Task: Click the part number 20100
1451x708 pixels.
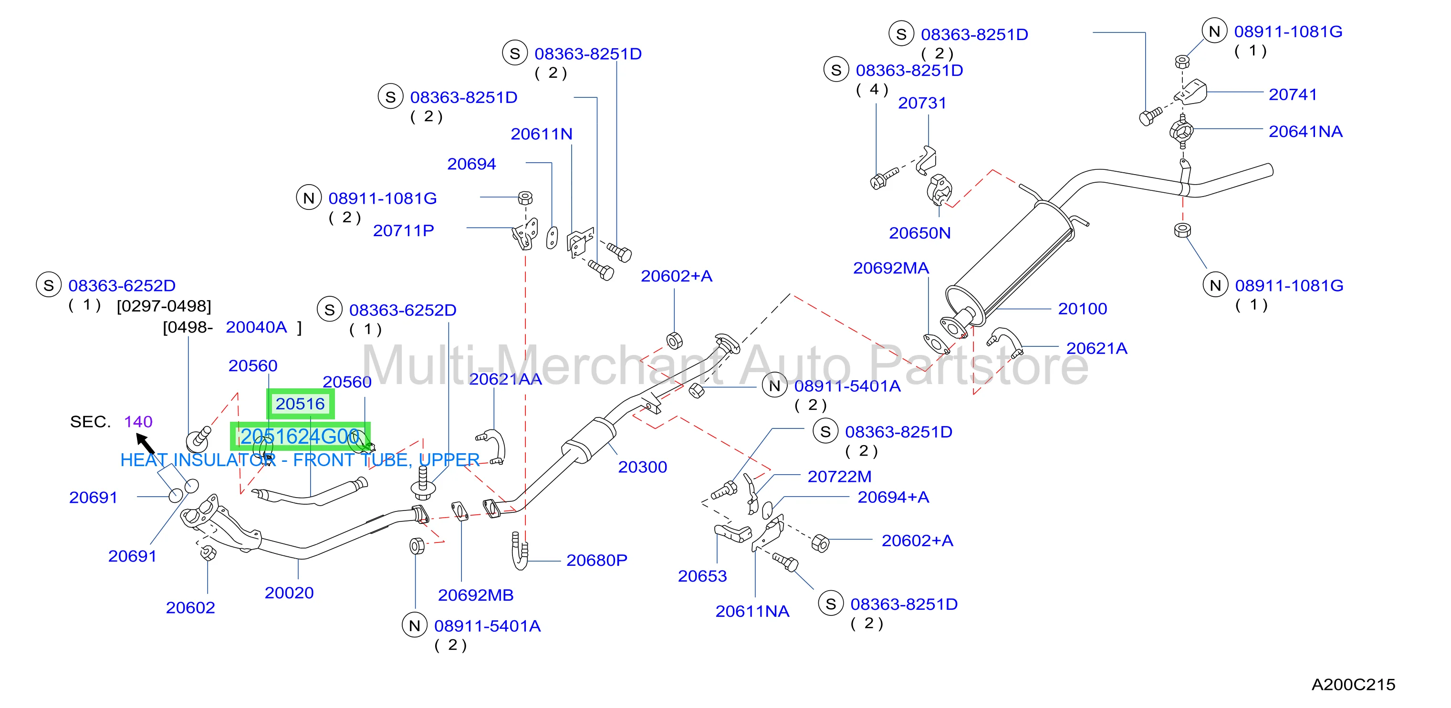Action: (1082, 309)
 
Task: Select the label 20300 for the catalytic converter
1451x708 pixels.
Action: (642, 467)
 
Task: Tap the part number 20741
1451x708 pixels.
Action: (1293, 94)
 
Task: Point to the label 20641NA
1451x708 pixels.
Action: (1305, 132)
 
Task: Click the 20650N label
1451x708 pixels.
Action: (919, 233)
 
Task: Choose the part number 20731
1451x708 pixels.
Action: (922, 103)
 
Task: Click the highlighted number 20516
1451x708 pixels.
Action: (300, 404)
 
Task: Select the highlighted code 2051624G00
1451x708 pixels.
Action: (300, 437)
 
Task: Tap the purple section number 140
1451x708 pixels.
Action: (138, 422)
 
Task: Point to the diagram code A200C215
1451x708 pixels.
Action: (1353, 684)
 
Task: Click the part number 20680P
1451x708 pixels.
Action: (596, 561)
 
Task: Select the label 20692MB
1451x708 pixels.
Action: (475, 595)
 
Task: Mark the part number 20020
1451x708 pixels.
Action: (289, 593)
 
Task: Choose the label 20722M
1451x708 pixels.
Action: (839, 477)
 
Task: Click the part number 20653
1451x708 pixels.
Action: (702, 576)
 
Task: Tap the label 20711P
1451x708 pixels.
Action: (403, 231)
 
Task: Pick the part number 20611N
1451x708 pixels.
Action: (541, 134)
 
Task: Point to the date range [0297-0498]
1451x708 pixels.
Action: (164, 306)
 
